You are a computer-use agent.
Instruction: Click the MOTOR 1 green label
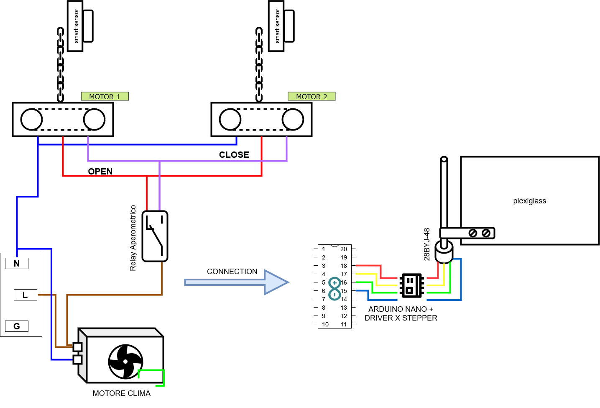(105, 97)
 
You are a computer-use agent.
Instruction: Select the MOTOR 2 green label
(311, 97)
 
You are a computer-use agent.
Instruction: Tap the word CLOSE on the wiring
(234, 155)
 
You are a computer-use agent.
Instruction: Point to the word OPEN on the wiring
(100, 172)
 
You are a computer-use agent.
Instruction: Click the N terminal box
(17, 264)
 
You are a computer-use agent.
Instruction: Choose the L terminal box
(25, 295)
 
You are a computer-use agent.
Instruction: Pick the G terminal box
(17, 326)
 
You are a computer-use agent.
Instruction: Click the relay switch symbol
(155, 236)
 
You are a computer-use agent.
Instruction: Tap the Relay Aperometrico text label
(133, 238)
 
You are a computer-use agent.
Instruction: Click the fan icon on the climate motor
(125, 362)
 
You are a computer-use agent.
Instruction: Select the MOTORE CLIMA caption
(121, 393)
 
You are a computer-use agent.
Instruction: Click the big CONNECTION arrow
(236, 282)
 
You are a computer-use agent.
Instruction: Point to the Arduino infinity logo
(334, 289)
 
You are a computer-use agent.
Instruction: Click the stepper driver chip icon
(412, 286)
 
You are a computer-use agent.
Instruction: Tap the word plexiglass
(529, 201)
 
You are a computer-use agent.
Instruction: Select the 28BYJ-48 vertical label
(426, 244)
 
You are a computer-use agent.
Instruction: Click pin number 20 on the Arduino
(344, 249)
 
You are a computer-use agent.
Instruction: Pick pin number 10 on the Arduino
(325, 324)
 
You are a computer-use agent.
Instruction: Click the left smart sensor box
(75, 26)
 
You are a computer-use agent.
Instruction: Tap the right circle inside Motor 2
(293, 120)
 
